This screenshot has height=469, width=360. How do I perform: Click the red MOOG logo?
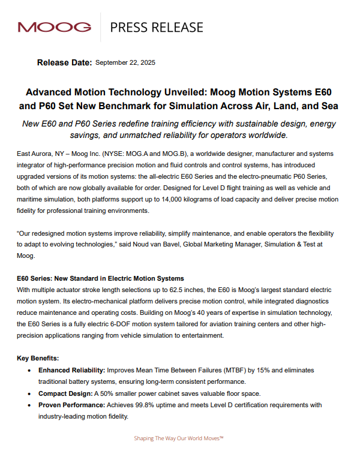click(55, 27)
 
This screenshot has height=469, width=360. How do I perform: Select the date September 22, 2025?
click(134, 62)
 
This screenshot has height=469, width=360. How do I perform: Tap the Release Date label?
click(64, 62)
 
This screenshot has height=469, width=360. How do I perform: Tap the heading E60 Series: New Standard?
click(100, 278)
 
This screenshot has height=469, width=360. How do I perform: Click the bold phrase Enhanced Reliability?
click(74, 370)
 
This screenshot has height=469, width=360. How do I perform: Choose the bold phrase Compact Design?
click(67, 393)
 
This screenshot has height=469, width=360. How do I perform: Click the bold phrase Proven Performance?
click(74, 405)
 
